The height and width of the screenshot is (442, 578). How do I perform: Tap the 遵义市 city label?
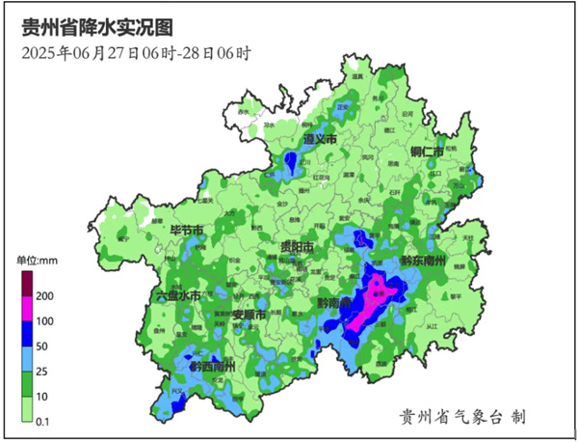pos(319,140)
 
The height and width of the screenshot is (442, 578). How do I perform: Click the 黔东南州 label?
pos(423,262)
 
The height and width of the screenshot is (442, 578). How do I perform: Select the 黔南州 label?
pos(333,303)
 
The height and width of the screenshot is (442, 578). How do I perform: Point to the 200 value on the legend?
pos(44,295)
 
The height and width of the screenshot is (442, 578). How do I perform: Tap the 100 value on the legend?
pos(44,320)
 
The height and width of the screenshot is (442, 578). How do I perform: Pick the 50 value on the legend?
pos(42,345)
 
